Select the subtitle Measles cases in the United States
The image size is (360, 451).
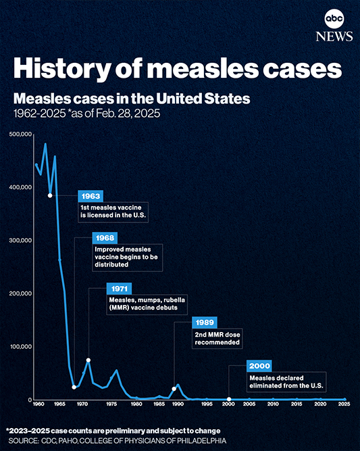coord(132,99)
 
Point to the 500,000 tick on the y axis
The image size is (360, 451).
coord(20,135)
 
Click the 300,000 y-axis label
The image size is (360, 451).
coord(20,241)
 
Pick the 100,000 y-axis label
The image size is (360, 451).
coord(20,347)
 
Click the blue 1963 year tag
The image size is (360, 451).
coord(91,195)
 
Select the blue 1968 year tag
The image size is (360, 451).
coord(105,238)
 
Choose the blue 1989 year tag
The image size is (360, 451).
coord(206,323)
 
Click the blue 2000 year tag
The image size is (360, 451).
coord(260,365)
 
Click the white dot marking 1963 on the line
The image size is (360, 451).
coord(50,195)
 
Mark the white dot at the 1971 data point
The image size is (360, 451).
coord(88,360)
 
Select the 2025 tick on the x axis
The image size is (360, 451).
coord(344,404)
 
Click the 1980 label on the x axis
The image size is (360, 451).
coord(136,404)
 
